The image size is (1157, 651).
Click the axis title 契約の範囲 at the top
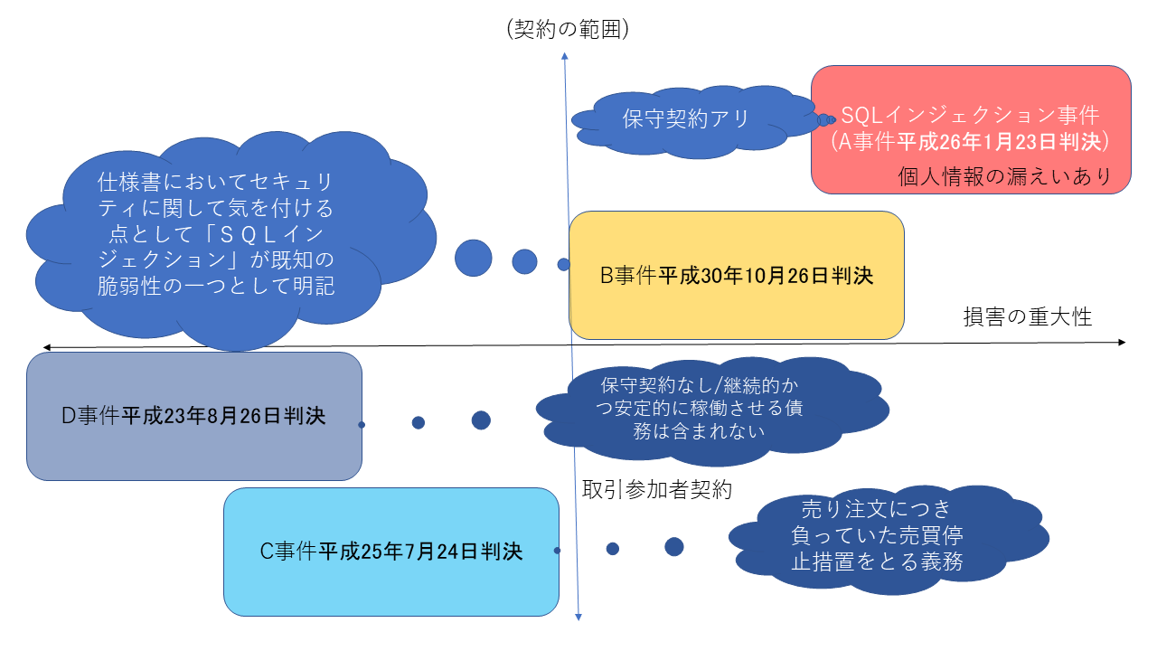tap(568, 29)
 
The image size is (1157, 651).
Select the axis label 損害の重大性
tap(1027, 317)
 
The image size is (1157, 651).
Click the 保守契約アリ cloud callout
tap(687, 118)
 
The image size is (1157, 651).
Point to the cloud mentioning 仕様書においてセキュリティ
tap(216, 234)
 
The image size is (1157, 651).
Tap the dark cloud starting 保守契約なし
tap(701, 407)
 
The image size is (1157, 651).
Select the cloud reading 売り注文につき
tap(876, 534)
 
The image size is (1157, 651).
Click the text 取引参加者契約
tap(656, 490)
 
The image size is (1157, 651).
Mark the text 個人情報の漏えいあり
tap(1003, 176)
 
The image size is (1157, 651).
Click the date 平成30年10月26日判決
tap(765, 276)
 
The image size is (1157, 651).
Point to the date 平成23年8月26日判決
tap(224, 416)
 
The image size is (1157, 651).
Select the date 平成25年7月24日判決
tap(420, 551)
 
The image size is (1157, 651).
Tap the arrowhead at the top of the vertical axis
tap(565, 57)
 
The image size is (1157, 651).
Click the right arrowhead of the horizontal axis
tap(1122, 342)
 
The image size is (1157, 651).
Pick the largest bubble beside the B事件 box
tap(473, 258)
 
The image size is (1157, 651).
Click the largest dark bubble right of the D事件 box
tap(481, 420)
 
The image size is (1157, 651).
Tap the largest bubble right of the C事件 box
tap(673, 546)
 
